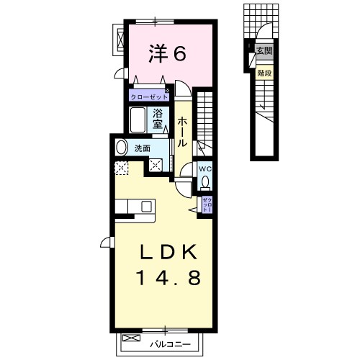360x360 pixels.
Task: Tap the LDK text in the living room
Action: tap(168, 252)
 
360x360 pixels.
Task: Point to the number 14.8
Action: tap(168, 278)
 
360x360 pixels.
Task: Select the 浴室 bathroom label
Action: tap(158, 118)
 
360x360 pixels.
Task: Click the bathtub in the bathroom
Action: tap(138, 120)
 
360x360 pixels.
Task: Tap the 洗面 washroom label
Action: tap(143, 148)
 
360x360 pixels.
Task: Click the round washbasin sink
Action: tap(122, 148)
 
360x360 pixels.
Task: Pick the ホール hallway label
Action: tap(182, 132)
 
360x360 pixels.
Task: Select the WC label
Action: tap(205, 169)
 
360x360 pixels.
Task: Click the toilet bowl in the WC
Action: tap(205, 182)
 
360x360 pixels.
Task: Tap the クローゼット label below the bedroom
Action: tap(149, 97)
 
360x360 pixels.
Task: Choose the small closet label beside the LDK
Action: tap(207, 204)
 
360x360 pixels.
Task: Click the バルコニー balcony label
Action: tap(170, 344)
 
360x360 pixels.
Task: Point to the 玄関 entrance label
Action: tap(264, 51)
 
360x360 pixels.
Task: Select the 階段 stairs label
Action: tap(264, 73)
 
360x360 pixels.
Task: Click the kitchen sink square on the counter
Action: tap(146, 207)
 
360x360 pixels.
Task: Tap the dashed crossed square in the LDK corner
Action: tap(122, 168)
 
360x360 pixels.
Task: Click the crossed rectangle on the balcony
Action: tap(131, 338)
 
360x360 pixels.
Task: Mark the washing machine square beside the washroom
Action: tap(156, 165)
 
